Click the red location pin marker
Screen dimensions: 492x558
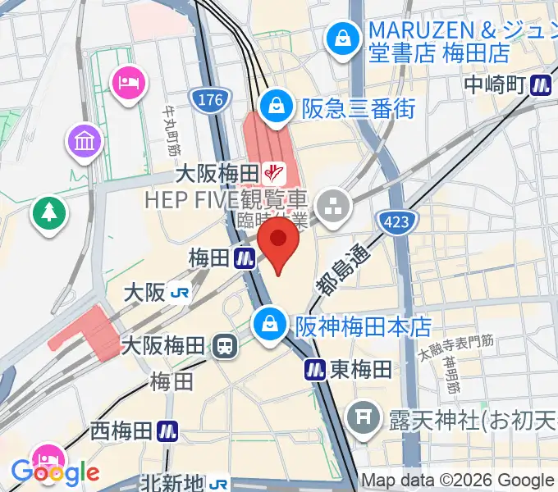[x=278, y=244]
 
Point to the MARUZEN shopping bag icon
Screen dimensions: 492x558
[x=338, y=38]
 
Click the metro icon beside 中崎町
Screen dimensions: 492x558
[x=540, y=84]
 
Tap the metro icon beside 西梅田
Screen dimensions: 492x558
[x=167, y=430]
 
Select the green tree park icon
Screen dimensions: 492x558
[x=49, y=213]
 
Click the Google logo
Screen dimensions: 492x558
[x=56, y=471]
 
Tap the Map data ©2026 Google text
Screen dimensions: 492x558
[x=457, y=481]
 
